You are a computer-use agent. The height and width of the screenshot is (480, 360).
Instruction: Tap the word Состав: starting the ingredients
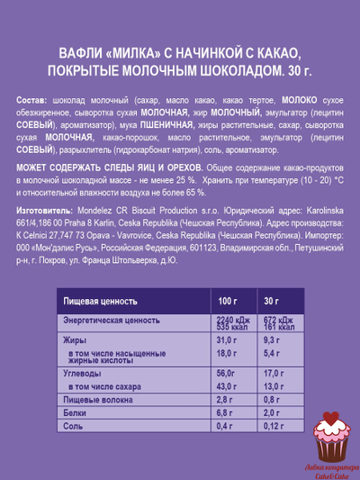pyautogui.click(x=34, y=100)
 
